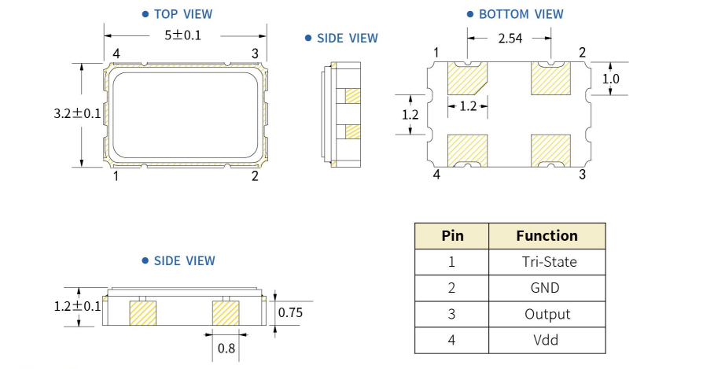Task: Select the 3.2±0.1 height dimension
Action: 77,113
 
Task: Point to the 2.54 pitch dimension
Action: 511,37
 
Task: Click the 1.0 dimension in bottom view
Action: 611,79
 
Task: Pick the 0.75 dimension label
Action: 291,313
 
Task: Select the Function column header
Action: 547,235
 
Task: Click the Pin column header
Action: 452,235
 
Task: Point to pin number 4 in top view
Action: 116,54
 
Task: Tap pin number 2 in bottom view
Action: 582,53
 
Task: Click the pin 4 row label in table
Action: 452,341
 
